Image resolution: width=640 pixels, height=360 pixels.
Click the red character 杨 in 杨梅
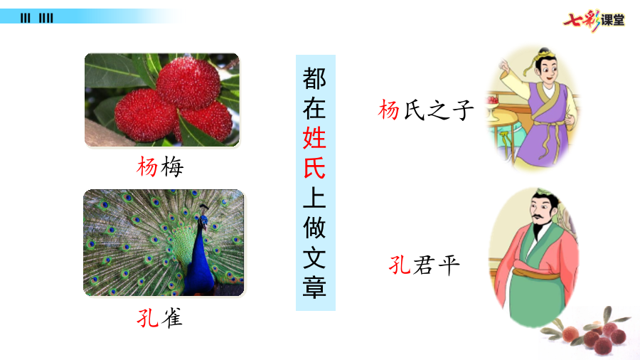[147, 166]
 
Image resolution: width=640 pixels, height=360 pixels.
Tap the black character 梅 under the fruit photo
[172, 166]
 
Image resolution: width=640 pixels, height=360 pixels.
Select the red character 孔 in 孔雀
[147, 317]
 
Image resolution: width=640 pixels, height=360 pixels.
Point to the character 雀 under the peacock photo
[172, 317]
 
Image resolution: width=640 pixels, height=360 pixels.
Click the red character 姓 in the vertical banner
[314, 137]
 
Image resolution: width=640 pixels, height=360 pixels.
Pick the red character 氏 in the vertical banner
[314, 167]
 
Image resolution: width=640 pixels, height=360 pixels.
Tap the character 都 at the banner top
[314, 78]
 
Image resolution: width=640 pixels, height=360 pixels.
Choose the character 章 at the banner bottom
[314, 287]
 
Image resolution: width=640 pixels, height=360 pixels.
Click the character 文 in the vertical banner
[314, 257]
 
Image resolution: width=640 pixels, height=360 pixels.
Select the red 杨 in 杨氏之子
[388, 110]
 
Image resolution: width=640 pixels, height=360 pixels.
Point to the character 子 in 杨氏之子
[463, 110]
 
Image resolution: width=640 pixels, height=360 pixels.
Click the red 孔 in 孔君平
[400, 265]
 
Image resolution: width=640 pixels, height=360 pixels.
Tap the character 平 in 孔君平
[449, 265]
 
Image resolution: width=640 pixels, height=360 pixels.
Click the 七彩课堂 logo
[594, 20]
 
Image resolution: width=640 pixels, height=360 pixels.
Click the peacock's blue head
[203, 221]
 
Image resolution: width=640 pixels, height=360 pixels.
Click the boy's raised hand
[504, 65]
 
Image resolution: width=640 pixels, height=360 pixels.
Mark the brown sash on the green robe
[535, 272]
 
